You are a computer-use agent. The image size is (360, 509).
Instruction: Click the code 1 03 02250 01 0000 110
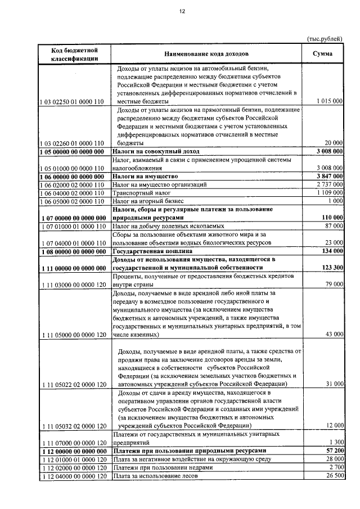click(x=73, y=101)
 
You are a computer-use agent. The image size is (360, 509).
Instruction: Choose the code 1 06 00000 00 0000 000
click(x=73, y=176)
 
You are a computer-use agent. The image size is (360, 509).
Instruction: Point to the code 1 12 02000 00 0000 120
click(x=73, y=468)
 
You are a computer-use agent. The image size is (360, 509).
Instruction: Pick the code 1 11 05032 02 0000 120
click(x=73, y=426)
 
